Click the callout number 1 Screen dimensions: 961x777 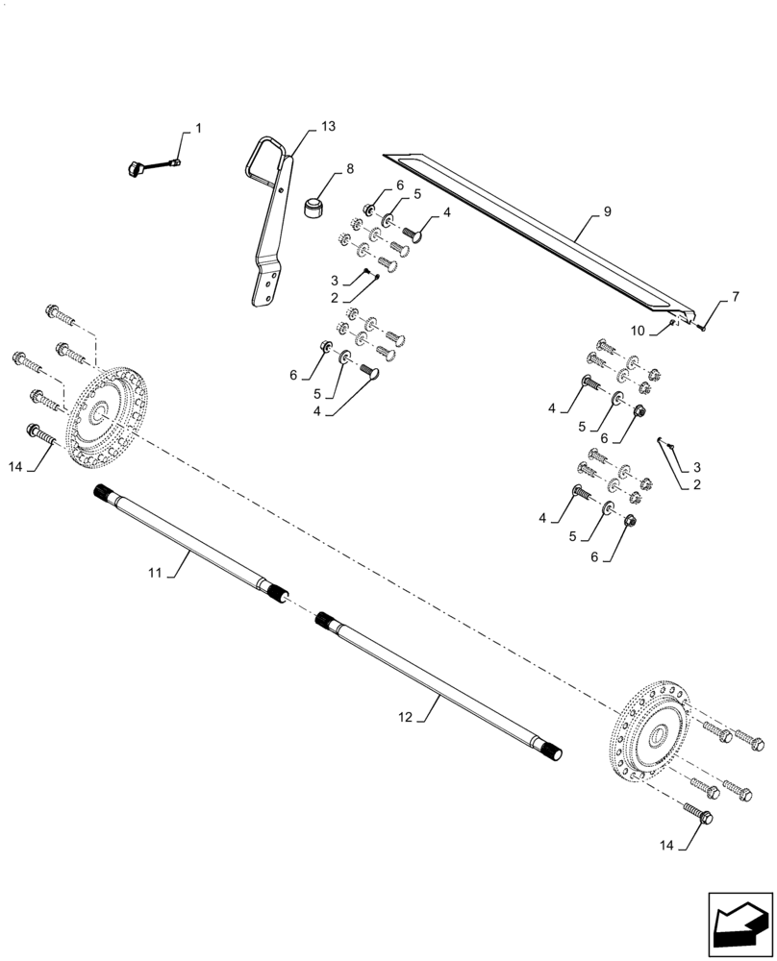(x=198, y=128)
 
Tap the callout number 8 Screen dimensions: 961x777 (x=349, y=168)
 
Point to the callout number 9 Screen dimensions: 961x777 (x=607, y=210)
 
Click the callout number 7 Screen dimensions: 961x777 (x=735, y=296)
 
